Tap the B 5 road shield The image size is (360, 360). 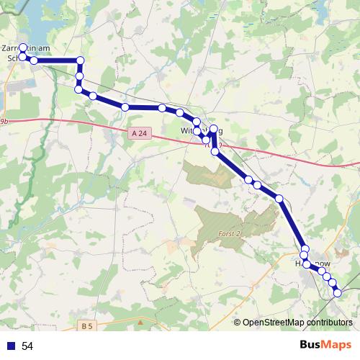coord(87,326)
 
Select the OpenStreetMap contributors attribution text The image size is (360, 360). coord(297,322)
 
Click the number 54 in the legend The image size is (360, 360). coord(28,346)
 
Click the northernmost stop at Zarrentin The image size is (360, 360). coord(23,48)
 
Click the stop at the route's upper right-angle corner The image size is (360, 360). coord(81,61)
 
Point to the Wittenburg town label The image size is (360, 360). coord(202,130)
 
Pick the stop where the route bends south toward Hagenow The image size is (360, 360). coord(279,198)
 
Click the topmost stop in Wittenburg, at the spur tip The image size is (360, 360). coord(213,129)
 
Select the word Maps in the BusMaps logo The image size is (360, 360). coord(336,346)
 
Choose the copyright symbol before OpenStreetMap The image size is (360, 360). coord(238,322)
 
